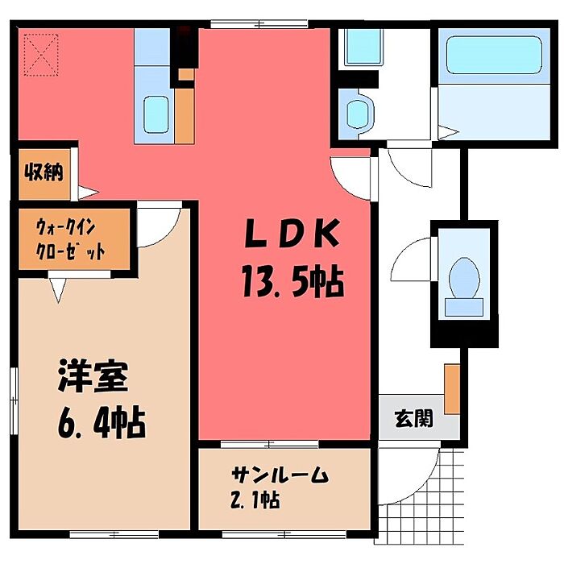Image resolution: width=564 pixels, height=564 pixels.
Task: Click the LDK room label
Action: [292, 234]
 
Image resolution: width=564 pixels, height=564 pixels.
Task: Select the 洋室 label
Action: [93, 376]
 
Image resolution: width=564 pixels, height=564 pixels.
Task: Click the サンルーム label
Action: [280, 475]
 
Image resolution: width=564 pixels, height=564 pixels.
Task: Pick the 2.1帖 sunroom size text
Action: [255, 500]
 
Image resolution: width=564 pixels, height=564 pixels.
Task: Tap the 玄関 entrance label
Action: [413, 418]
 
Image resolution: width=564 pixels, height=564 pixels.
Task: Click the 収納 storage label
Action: [44, 172]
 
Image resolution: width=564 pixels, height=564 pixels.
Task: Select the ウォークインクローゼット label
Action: [71, 239]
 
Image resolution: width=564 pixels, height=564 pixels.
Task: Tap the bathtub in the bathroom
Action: [494, 55]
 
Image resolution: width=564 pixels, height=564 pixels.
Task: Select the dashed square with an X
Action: [41, 55]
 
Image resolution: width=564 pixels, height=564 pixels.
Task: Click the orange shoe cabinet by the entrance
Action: [452, 389]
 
